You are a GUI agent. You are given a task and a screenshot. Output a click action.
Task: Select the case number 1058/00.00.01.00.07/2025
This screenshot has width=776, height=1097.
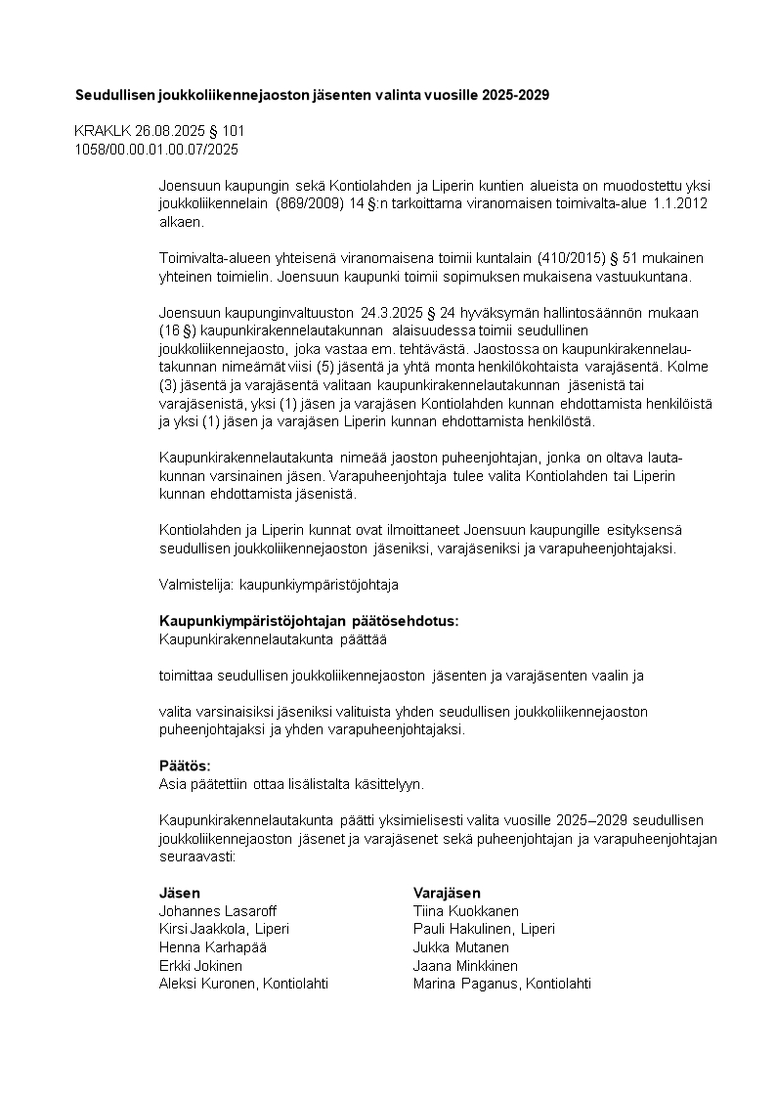point(156,149)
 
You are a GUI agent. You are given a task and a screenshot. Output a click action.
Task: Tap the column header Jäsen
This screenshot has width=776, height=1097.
point(180,893)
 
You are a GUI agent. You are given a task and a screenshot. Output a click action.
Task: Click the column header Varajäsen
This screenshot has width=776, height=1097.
point(447,893)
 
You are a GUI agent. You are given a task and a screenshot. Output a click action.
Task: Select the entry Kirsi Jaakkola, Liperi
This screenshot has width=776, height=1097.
point(224,929)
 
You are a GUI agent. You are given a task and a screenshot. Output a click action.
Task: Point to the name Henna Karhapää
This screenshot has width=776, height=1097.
point(213,947)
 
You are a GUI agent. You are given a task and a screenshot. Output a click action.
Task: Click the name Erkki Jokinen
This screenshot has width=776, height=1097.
point(200,966)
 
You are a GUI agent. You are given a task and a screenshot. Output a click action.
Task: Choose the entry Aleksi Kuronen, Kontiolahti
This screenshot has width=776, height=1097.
point(243,984)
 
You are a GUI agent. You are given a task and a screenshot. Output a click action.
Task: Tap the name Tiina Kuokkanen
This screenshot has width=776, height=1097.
point(466,911)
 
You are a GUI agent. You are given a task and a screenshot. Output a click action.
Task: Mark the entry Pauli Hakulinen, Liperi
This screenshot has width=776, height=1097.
point(484,929)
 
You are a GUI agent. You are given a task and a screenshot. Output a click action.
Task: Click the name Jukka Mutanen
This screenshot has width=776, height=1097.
point(461,947)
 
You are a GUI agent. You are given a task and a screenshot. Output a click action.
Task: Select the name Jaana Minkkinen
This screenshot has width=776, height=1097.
point(465,966)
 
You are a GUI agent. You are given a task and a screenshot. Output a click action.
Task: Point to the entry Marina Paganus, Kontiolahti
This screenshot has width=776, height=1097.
point(502,984)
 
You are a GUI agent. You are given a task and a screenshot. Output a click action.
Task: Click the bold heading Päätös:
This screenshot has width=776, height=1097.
point(185,766)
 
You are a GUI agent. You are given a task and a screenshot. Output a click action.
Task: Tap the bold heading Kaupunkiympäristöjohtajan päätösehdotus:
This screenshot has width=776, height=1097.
point(309,621)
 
